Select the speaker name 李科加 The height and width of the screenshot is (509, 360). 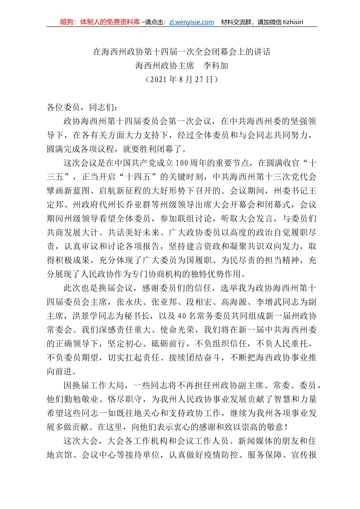point(216,66)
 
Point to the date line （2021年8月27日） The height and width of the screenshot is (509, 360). point(182,80)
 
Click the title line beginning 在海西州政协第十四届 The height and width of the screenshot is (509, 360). point(182,52)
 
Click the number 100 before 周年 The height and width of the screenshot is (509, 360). point(182,163)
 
